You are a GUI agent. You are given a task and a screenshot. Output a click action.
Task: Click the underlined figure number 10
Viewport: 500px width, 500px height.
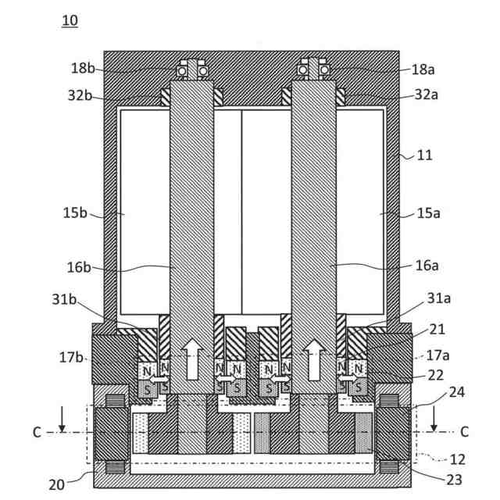(70, 20)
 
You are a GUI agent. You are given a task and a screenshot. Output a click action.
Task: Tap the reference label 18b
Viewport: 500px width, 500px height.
(83, 68)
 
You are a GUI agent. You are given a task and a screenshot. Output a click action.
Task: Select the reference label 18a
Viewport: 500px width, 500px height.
(423, 70)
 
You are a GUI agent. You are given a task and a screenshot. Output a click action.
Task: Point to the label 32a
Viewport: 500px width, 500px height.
(427, 95)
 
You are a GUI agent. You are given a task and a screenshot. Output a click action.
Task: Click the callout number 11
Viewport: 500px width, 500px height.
(424, 155)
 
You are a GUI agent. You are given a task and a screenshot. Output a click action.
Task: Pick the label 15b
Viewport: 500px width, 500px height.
(75, 212)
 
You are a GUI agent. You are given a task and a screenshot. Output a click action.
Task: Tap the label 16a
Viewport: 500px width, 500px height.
(427, 266)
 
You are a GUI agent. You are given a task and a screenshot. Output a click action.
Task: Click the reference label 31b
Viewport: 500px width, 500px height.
(64, 299)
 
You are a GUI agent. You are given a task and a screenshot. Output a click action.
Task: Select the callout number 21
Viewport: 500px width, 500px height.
(437, 329)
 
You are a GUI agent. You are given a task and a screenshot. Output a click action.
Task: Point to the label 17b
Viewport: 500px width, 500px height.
(71, 357)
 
